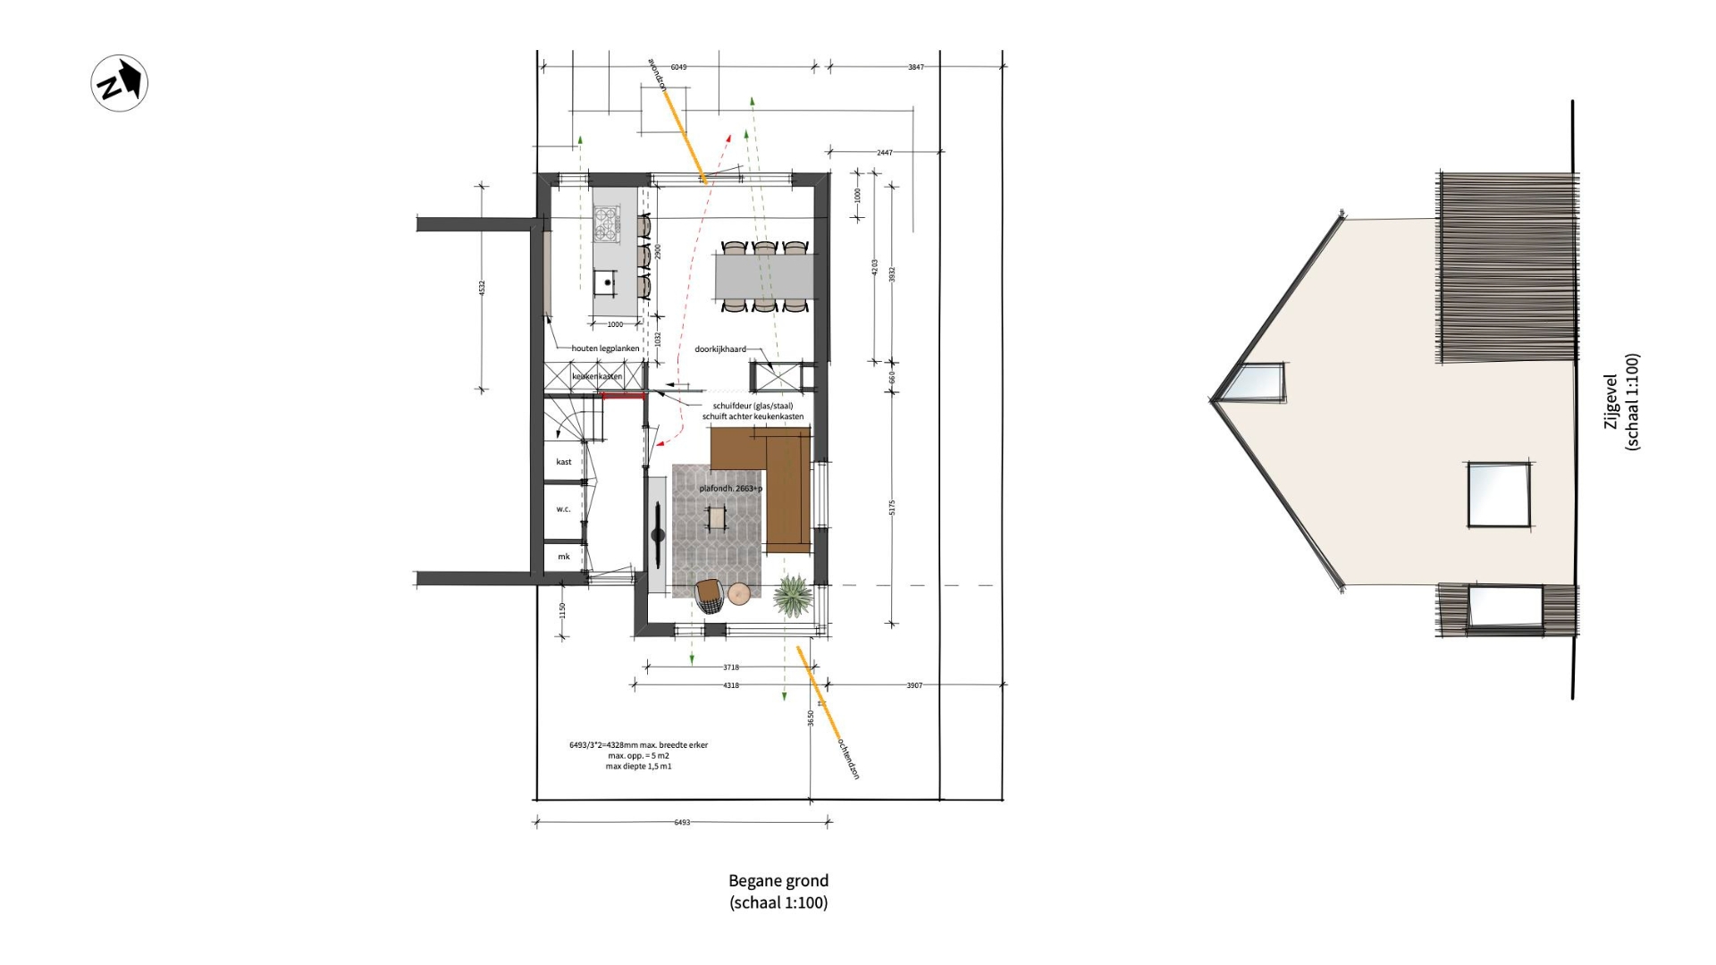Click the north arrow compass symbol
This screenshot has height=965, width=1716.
(120, 83)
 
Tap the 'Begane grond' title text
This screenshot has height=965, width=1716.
(778, 881)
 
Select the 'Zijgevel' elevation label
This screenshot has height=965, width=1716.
(1611, 402)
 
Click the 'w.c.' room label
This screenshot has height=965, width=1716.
(563, 509)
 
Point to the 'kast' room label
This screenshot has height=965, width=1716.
(563, 462)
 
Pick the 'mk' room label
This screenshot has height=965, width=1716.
(563, 557)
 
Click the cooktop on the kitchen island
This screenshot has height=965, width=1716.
(607, 223)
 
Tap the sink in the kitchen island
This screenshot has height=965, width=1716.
(607, 282)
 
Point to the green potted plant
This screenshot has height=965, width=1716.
(792, 595)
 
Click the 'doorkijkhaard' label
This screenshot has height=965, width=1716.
(719, 349)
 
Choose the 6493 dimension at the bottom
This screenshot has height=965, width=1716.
(682, 822)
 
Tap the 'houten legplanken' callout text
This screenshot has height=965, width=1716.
(605, 348)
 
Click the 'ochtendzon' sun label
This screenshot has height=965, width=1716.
(848, 759)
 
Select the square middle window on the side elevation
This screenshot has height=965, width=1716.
(1498, 494)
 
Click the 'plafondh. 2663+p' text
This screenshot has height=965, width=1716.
(730, 489)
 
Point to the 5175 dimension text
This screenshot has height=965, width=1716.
(892, 508)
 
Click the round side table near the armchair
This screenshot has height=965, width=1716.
(739, 593)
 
